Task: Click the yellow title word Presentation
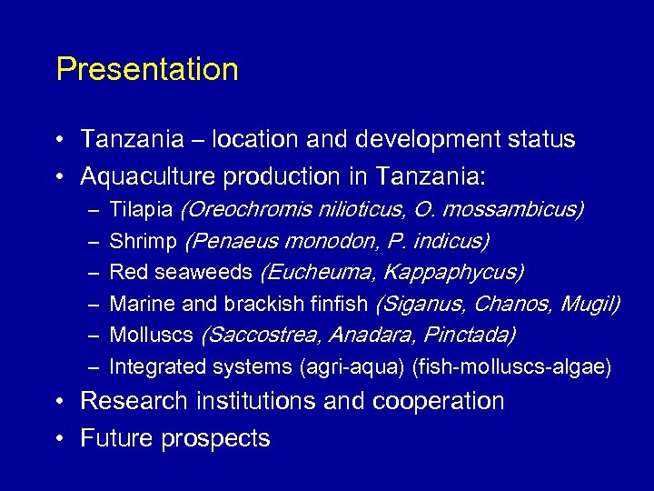(147, 70)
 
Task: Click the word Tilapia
(141, 210)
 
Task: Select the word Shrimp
(144, 241)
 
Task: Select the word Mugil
(590, 304)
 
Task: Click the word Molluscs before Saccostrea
(151, 335)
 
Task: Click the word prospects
(215, 438)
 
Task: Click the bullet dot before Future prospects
(58, 439)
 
